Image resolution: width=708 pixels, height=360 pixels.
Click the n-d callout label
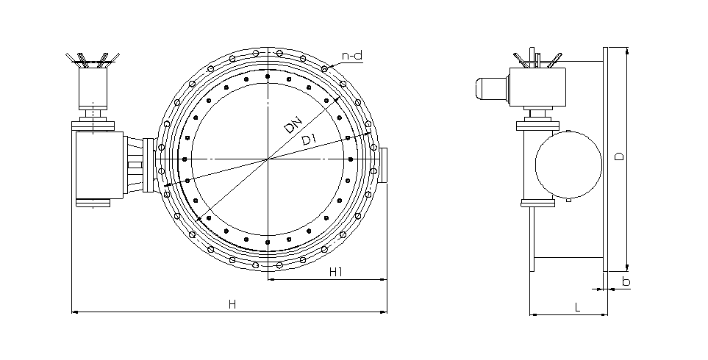(x=352, y=56)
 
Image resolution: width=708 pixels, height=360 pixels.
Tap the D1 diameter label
(x=309, y=140)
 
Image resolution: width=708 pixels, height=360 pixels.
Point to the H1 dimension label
(x=336, y=272)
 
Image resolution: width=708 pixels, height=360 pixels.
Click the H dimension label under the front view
(x=232, y=304)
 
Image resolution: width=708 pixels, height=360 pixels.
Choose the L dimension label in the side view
(x=578, y=308)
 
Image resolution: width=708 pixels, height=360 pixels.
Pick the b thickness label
(x=626, y=281)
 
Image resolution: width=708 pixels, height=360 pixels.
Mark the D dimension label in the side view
(x=620, y=156)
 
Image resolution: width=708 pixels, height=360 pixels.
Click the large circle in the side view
(x=568, y=165)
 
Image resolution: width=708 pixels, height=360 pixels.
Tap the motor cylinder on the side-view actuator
(x=491, y=88)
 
